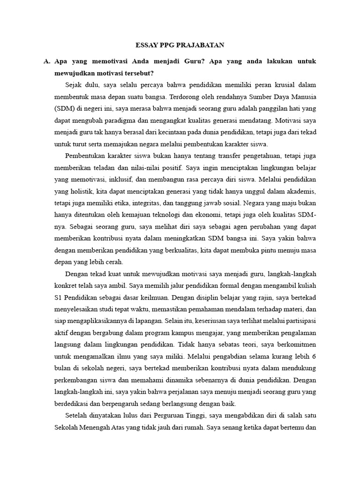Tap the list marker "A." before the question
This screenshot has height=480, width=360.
46,61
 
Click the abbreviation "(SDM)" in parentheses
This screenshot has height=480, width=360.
65,108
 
